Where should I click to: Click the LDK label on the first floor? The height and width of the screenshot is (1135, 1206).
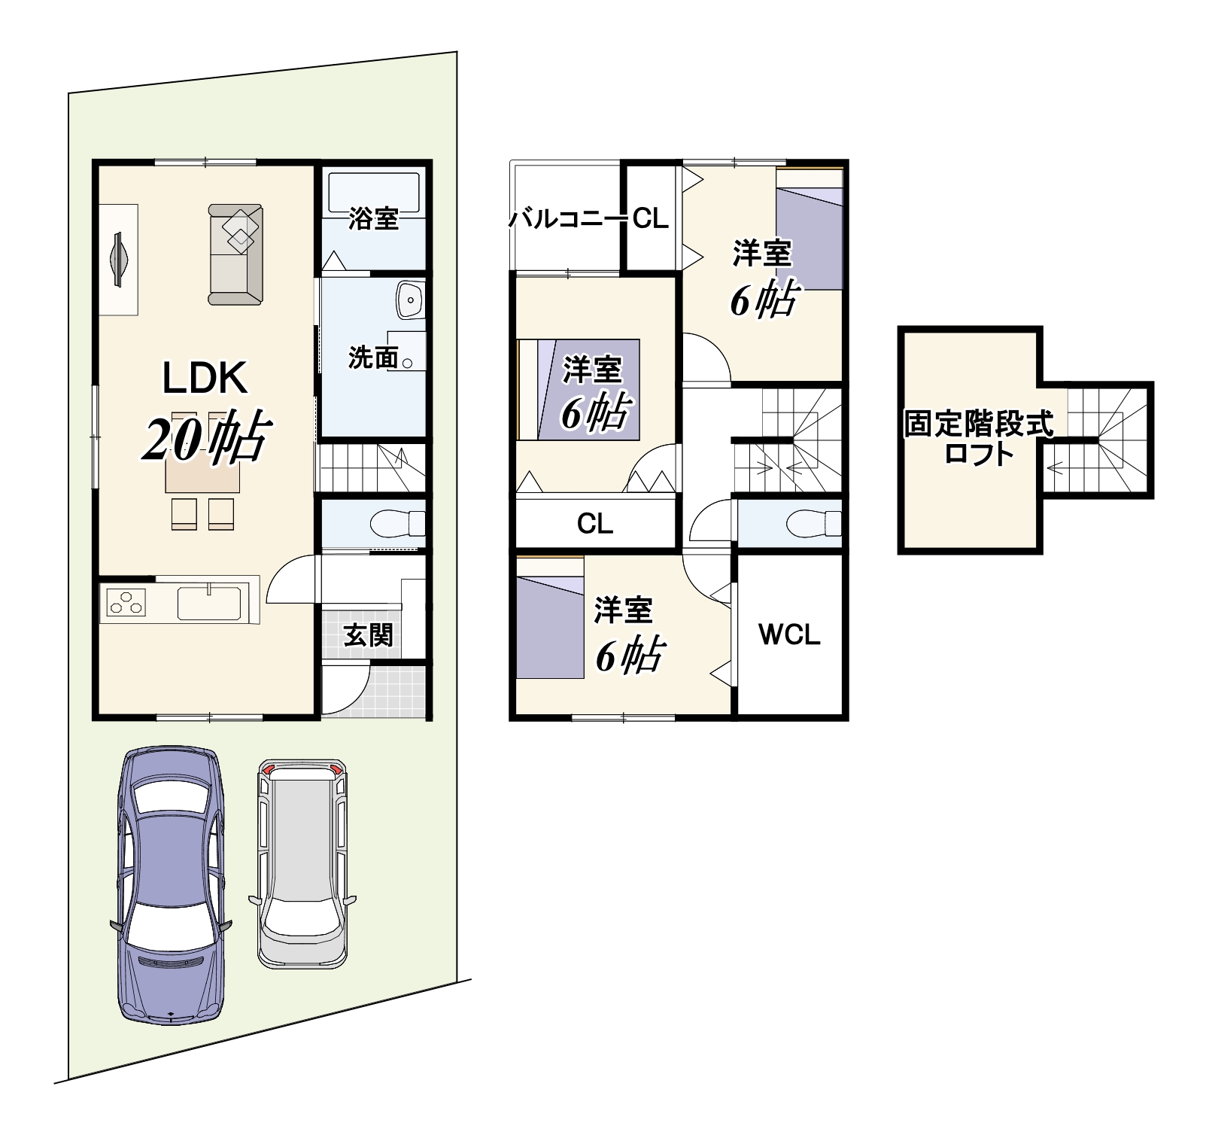[205, 378]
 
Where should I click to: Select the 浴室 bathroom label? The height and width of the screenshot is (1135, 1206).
[373, 218]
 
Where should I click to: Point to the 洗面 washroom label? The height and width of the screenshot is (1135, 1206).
[373, 358]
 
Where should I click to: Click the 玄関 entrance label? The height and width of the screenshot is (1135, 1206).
[369, 634]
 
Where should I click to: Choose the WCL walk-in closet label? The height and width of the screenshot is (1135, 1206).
[789, 634]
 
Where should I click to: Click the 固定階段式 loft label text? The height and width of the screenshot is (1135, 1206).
[978, 424]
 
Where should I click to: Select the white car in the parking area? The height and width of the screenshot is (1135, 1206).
[302, 863]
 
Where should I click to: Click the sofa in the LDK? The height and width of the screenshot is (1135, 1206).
[235, 254]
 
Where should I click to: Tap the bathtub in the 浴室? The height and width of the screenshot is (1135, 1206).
[374, 192]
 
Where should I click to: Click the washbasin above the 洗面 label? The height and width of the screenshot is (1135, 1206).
[411, 301]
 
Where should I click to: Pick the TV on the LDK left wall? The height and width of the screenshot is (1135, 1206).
[118, 260]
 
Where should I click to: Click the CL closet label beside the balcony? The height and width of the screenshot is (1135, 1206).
[650, 219]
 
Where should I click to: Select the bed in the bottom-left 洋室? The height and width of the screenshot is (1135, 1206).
[550, 618]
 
